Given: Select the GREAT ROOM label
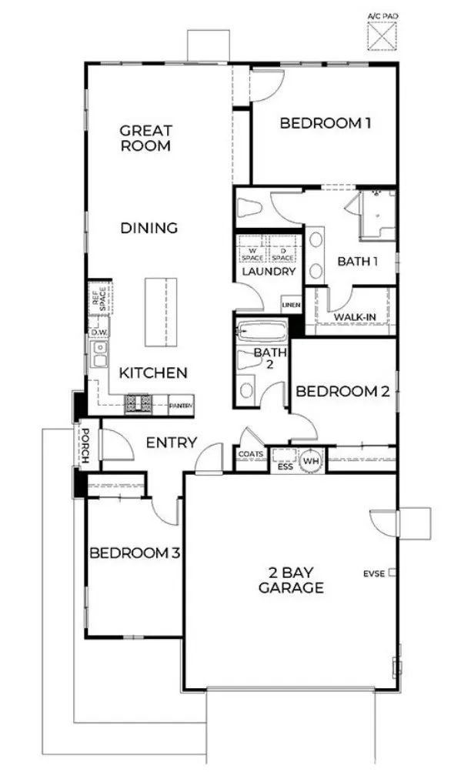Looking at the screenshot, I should (145, 139).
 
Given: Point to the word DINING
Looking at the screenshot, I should (149, 228).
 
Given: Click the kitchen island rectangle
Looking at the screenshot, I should (156, 315).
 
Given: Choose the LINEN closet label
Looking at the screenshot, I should (291, 306).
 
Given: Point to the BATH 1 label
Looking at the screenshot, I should (358, 261).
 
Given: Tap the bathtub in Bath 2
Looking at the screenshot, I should (262, 333).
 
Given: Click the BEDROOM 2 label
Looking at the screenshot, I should (342, 391).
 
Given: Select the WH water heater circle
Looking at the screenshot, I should (312, 460).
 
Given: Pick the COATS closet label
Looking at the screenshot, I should (251, 455).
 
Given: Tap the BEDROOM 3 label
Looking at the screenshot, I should (135, 553).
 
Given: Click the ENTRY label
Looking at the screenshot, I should (171, 443).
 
